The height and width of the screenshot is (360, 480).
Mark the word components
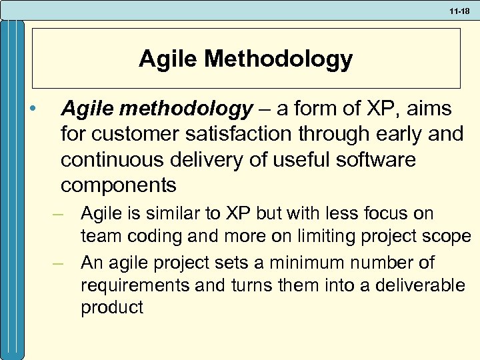(119, 185)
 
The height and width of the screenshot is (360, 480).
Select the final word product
(111, 307)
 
